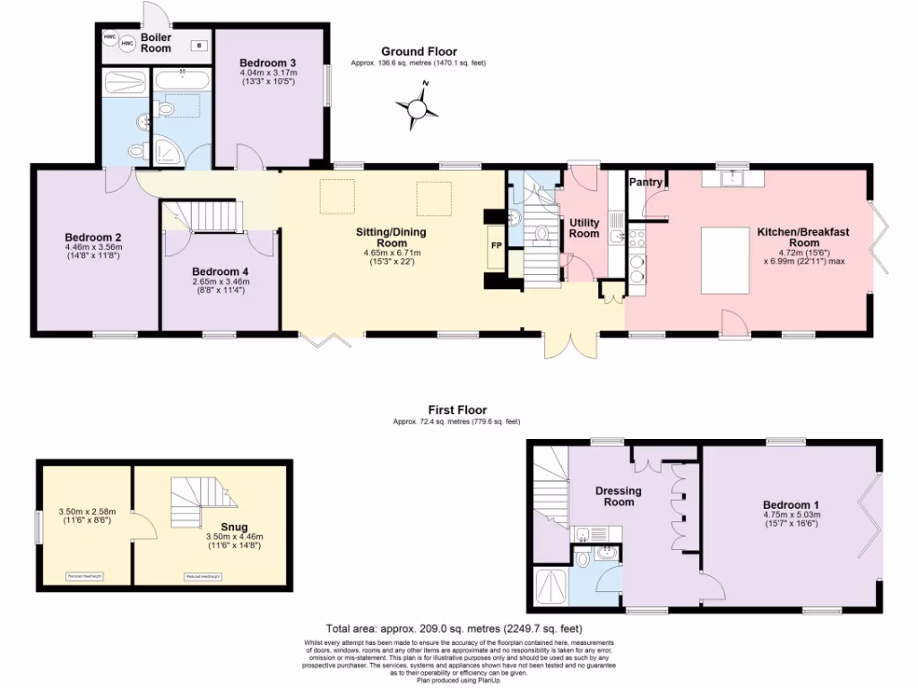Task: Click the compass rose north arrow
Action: [418, 108]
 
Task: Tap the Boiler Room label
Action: [155, 43]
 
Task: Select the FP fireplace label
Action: [494, 244]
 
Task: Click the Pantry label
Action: [645, 183]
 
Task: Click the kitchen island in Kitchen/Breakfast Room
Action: [725, 260]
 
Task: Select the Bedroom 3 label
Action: [268, 62]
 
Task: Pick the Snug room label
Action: [235, 528]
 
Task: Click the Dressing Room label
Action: [619, 496]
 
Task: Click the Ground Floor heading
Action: [419, 52]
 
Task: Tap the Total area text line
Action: [458, 629]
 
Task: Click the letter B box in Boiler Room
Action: [199, 45]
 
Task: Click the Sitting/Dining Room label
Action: [391, 237]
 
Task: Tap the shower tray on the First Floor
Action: [549, 587]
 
